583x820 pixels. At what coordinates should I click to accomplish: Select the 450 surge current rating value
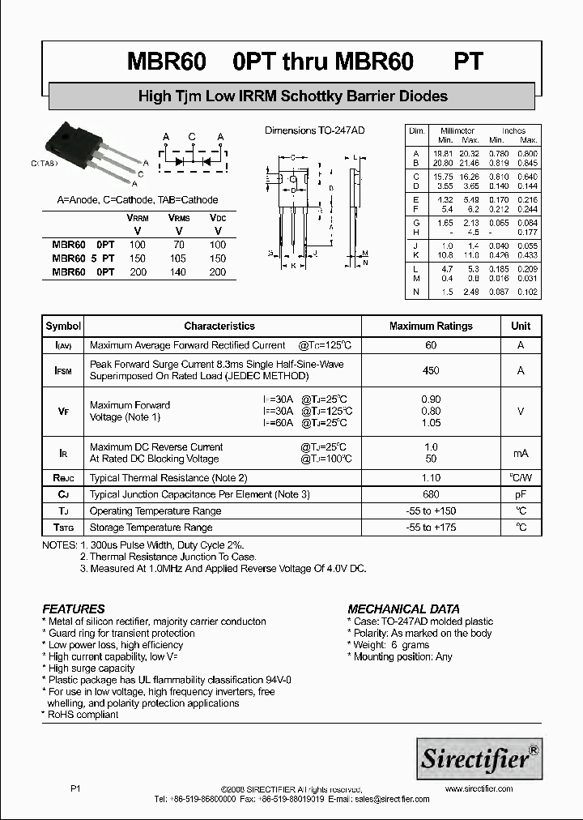click(x=431, y=370)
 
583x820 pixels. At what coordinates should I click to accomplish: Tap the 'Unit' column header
click(x=521, y=326)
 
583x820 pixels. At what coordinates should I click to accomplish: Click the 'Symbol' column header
click(x=63, y=326)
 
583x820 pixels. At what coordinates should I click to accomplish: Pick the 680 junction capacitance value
click(x=431, y=494)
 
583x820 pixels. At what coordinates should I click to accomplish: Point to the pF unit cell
click(x=521, y=494)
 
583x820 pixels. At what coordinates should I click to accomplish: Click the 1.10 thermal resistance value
click(x=431, y=478)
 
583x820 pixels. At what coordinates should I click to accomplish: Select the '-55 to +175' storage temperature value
click(x=431, y=527)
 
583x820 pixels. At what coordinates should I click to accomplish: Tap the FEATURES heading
click(x=74, y=609)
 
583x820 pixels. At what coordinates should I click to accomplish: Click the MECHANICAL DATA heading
click(x=403, y=609)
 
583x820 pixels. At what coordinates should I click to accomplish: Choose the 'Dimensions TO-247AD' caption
click(x=315, y=130)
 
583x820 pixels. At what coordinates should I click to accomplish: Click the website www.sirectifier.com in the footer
click(x=479, y=788)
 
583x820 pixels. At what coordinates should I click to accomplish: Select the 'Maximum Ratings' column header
click(x=431, y=326)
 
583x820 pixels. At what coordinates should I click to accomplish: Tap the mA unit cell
click(x=521, y=453)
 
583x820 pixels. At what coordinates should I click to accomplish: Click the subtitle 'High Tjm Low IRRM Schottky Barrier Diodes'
click(x=292, y=96)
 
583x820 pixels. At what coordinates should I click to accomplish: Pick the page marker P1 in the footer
click(x=75, y=788)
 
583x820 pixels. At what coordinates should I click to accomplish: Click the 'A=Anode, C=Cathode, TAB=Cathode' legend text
click(x=138, y=200)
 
